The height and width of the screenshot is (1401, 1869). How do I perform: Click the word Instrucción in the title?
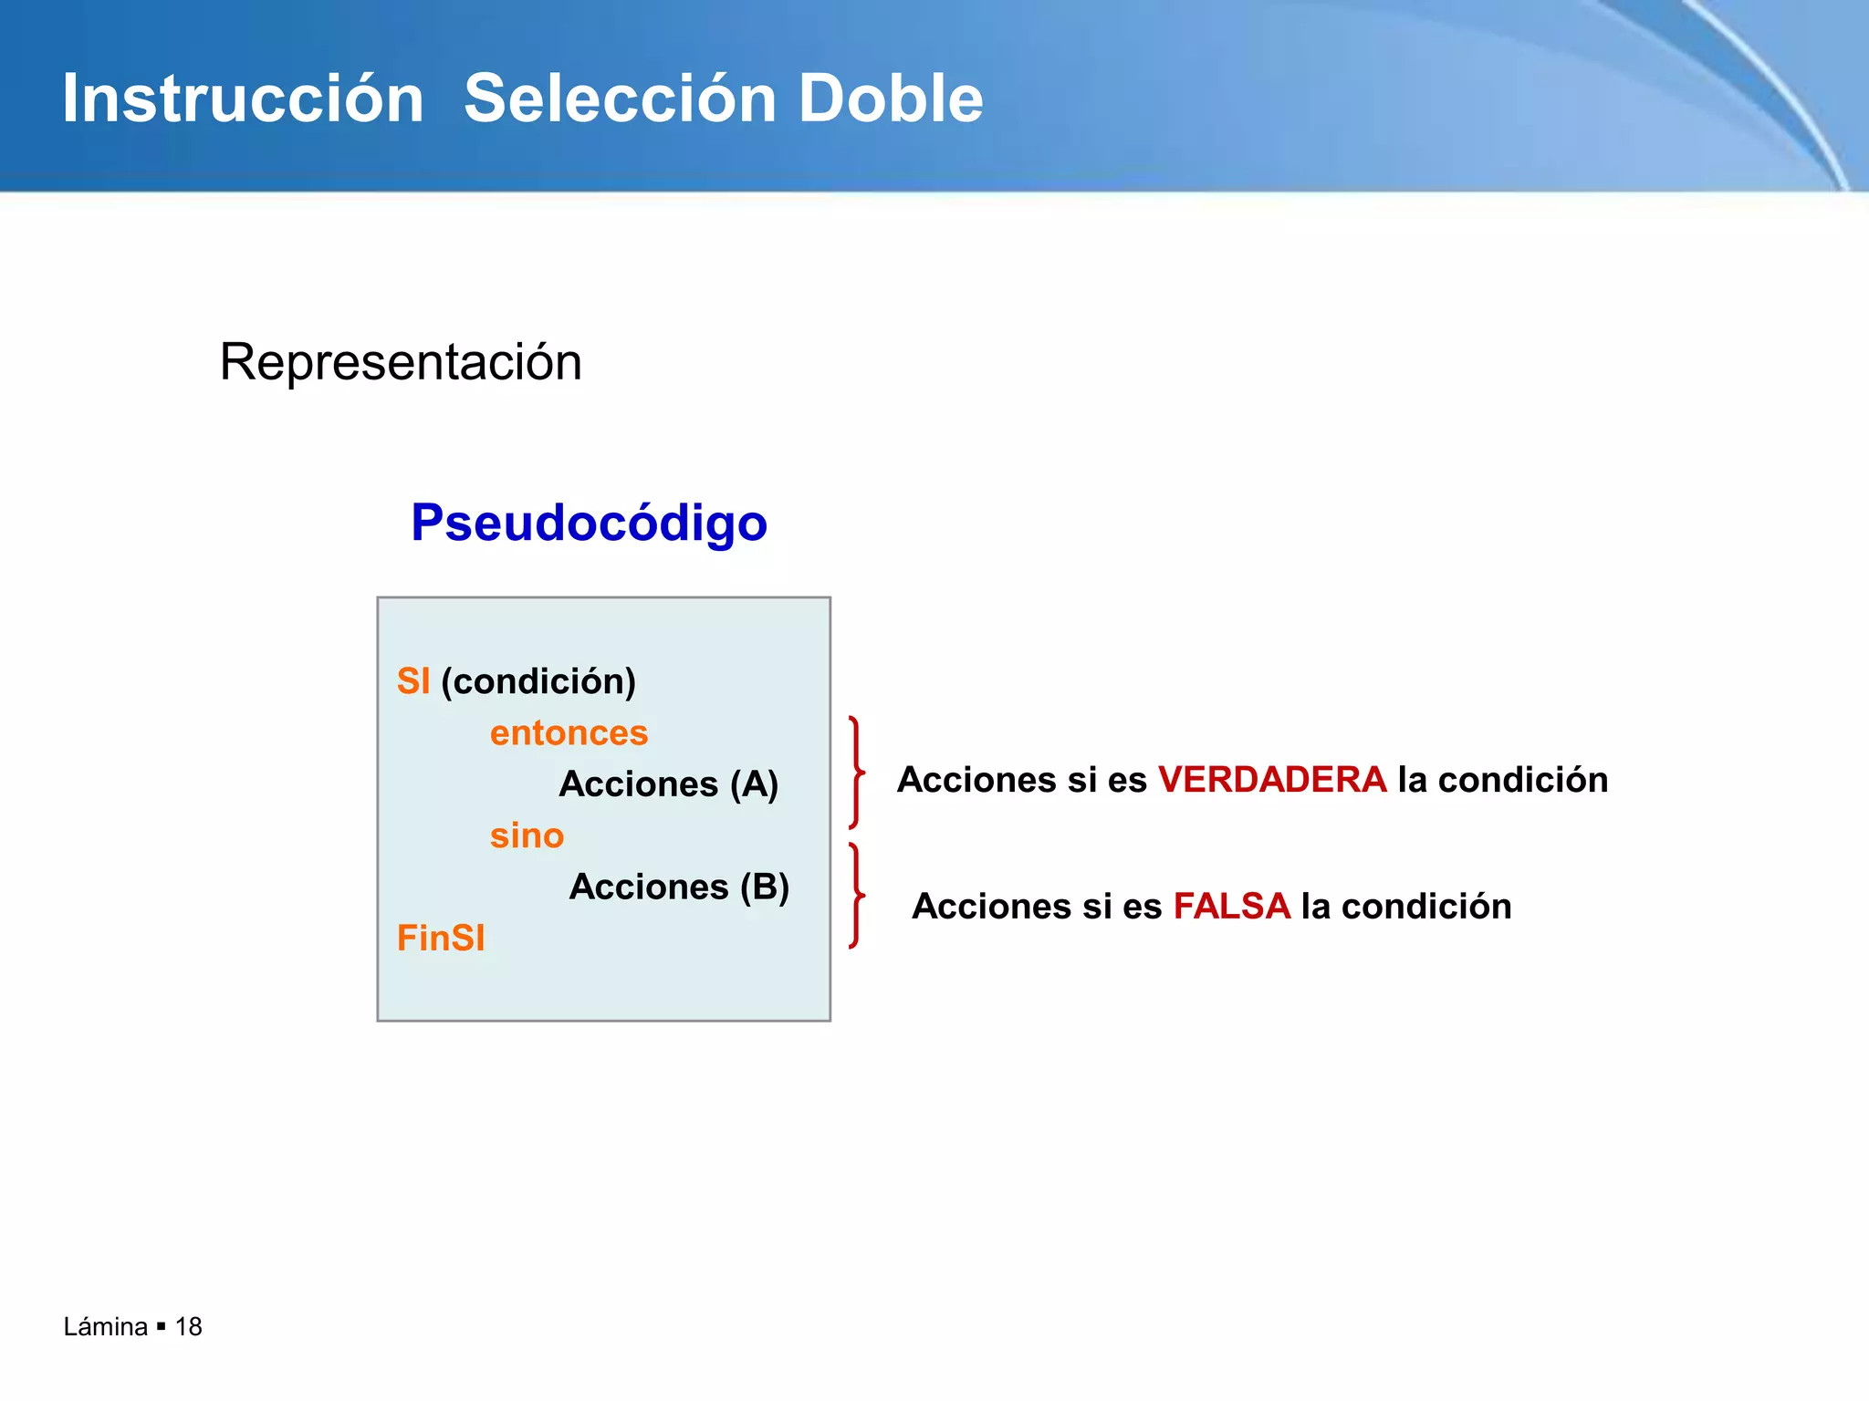point(243,99)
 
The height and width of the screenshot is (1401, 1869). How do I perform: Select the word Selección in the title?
point(621,99)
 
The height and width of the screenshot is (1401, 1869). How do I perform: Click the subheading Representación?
point(401,362)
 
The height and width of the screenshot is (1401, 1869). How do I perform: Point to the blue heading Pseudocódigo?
point(589,523)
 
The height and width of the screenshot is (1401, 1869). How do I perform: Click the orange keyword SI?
point(412,681)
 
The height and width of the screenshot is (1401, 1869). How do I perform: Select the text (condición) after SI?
point(538,681)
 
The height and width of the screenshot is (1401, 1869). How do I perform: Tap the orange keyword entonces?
point(569,733)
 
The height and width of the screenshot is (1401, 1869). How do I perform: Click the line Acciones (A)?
point(668,784)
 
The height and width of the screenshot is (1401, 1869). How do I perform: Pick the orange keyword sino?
point(527,835)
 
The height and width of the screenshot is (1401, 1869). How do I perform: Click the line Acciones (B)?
point(679,887)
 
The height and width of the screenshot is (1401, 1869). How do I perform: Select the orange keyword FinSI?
point(441,939)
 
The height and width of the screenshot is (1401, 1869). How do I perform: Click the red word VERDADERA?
point(1272,780)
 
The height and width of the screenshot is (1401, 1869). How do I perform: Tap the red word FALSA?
point(1231,907)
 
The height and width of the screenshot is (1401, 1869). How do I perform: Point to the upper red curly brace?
point(856,773)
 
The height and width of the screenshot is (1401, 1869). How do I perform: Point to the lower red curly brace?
point(856,896)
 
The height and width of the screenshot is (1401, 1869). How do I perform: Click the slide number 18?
point(188,1327)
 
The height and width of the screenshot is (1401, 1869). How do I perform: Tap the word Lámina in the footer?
point(105,1327)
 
